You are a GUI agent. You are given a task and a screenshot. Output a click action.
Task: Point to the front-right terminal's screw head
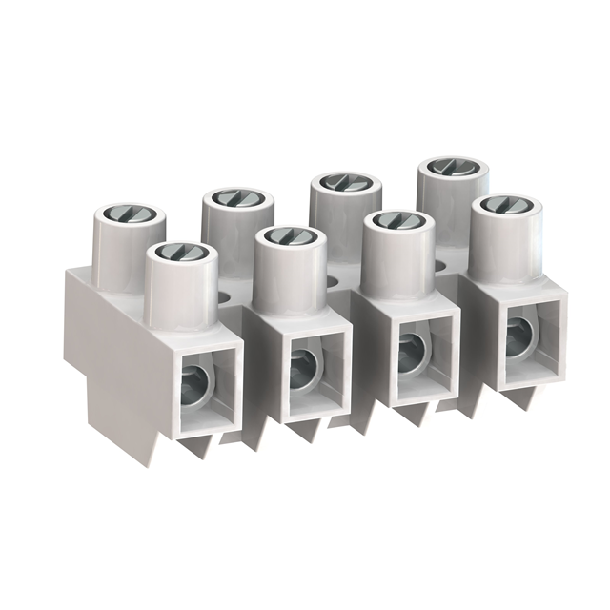(x=505, y=206)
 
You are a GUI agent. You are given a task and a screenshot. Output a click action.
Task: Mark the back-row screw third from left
(x=345, y=182)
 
